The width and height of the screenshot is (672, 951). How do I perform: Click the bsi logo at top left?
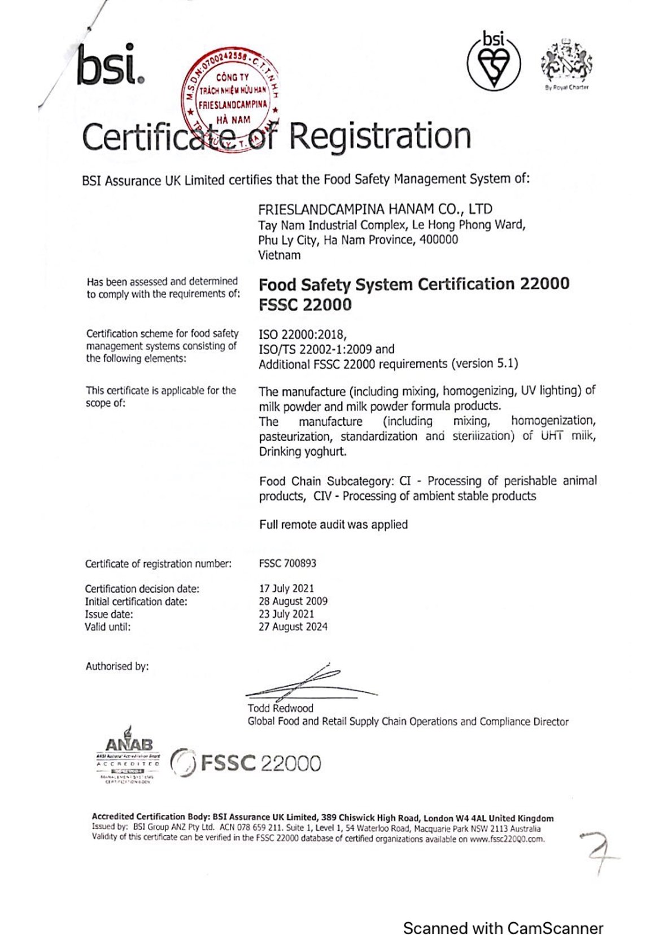coord(110,66)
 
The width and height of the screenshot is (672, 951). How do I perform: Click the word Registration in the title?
coord(380,137)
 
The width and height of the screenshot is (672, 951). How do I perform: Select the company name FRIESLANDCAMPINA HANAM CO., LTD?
coord(375,209)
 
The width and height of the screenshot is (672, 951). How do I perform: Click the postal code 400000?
coord(439,239)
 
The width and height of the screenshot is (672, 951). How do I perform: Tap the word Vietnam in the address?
coord(280,255)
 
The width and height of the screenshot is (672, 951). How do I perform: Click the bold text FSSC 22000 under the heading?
coord(305,305)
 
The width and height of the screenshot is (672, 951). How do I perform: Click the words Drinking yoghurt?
coord(303,451)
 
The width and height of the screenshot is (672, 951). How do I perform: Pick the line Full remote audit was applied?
coord(333,525)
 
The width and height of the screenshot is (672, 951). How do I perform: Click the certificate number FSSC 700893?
coord(287,563)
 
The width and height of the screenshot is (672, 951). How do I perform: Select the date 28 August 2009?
coord(293,601)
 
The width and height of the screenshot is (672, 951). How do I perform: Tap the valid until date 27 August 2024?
coord(293,627)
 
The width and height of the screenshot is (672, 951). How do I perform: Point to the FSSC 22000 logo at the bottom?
coord(246,763)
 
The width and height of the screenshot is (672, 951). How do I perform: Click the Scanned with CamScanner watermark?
coord(503,928)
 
